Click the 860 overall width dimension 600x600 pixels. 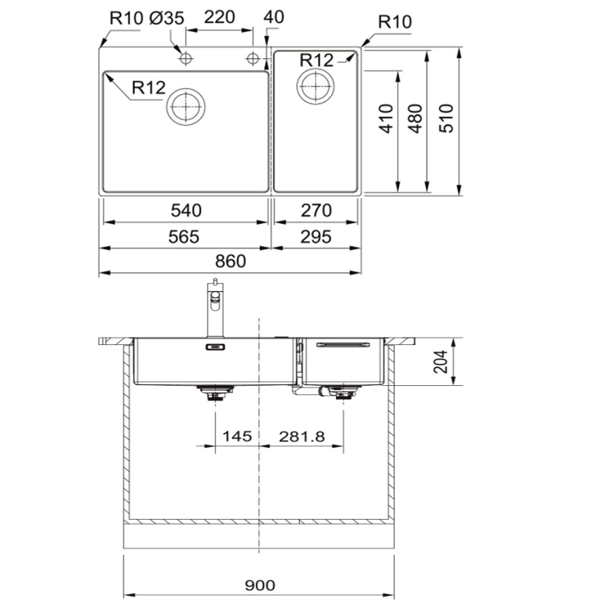point(230,261)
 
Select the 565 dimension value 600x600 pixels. point(184,236)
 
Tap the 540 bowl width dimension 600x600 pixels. point(184,211)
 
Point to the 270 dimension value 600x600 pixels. point(317,211)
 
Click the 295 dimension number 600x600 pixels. point(317,236)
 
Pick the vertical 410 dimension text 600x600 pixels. point(387,118)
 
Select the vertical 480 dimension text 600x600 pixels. point(415,118)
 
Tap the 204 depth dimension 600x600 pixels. point(440,361)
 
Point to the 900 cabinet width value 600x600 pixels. point(260,585)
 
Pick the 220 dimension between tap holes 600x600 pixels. point(220,17)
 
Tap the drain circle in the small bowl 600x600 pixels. point(315,86)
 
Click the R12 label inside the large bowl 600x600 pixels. point(148,88)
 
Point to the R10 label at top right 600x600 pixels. point(394,22)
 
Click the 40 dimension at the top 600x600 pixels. point(274,17)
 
